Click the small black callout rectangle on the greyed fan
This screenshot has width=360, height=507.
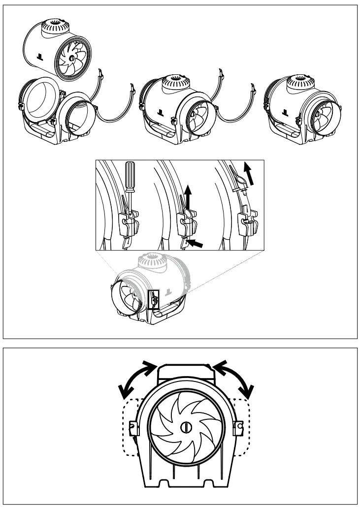tap(153, 299)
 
